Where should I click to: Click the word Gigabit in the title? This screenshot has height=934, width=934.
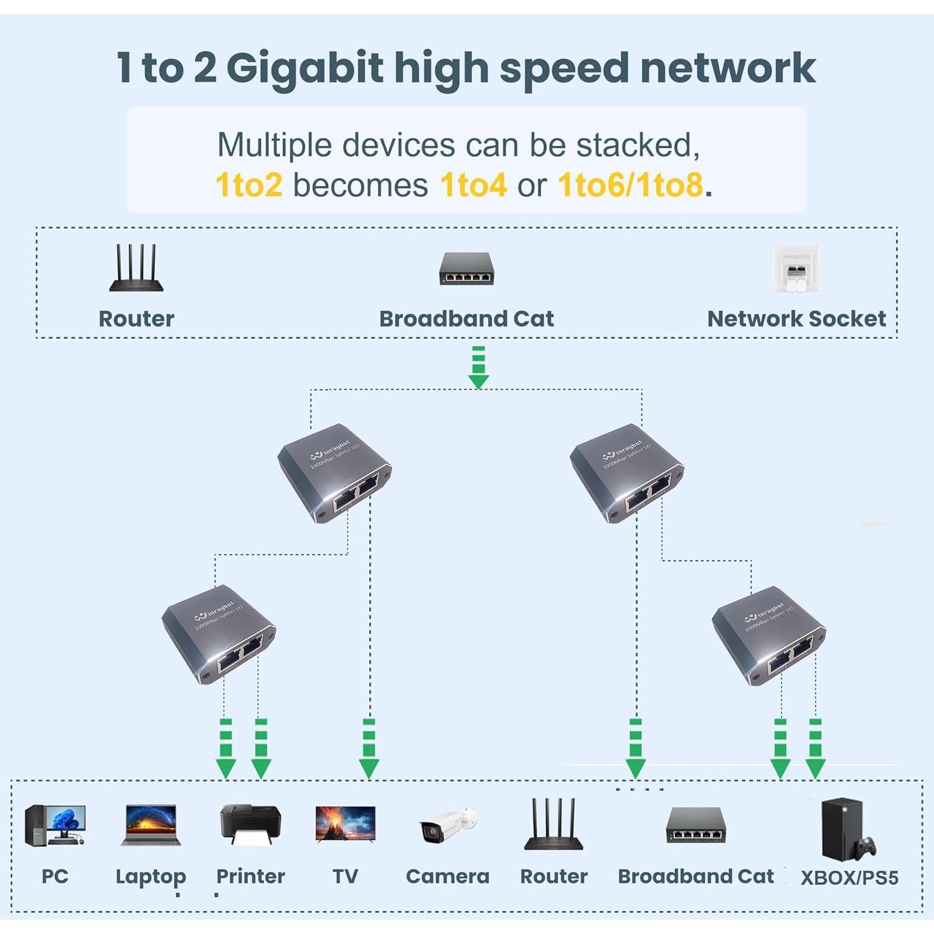tap(304, 68)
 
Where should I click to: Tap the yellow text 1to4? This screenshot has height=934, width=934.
tap(473, 185)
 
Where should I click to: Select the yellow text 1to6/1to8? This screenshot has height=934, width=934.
tap(630, 185)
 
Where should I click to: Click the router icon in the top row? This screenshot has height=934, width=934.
tap(136, 268)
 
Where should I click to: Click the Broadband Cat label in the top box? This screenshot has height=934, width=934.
tap(466, 319)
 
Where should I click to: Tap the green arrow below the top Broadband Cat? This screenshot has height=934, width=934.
tap(478, 367)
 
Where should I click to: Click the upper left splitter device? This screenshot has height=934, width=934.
tap(334, 473)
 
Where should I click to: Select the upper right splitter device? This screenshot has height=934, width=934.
tap(626, 473)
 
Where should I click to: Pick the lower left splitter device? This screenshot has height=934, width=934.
tap(219, 634)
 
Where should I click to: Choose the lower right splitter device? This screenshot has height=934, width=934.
tap(768, 636)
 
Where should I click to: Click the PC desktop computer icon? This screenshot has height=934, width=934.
tap(54, 825)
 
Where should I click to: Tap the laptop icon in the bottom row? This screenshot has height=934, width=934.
tap(151, 825)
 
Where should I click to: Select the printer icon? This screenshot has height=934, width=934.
tap(250, 824)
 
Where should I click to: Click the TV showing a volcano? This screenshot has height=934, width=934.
tap(346, 824)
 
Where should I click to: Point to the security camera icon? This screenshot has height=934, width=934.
tap(448, 826)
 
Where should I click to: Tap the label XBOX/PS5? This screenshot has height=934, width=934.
tap(849, 878)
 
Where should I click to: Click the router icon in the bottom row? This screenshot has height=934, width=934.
tap(554, 824)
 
